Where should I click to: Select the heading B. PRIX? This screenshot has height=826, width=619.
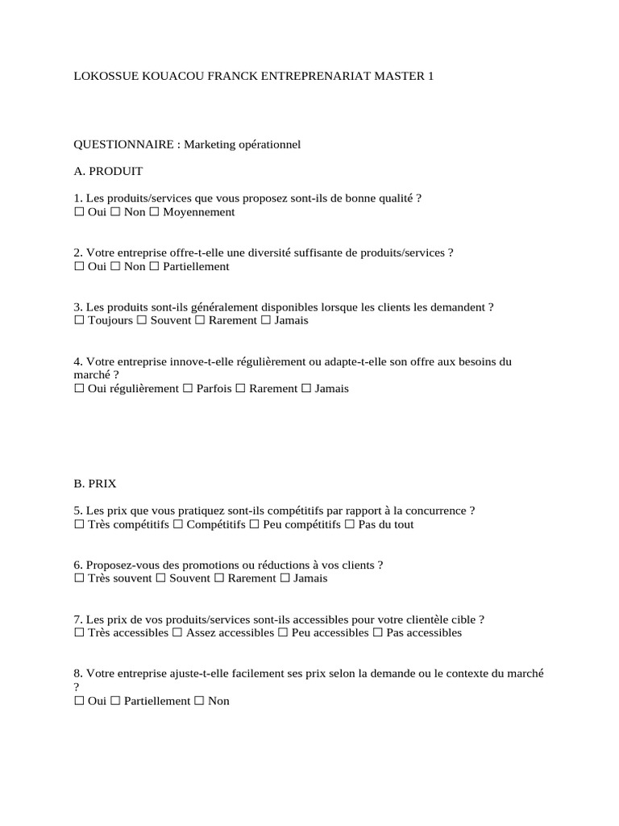click(x=95, y=484)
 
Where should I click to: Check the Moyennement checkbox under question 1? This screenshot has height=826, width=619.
click(x=156, y=212)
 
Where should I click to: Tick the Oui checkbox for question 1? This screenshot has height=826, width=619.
click(x=79, y=212)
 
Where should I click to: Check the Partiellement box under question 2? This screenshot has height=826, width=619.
click(x=156, y=267)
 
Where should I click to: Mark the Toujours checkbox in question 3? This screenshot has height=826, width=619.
click(x=79, y=321)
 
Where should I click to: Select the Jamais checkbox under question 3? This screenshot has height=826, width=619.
click(x=266, y=321)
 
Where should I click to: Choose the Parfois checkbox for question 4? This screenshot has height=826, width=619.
click(x=188, y=389)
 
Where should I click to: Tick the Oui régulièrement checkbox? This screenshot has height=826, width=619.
click(x=79, y=389)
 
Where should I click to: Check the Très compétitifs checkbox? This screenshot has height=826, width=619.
click(x=79, y=525)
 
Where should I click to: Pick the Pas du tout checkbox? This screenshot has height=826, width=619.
click(x=350, y=525)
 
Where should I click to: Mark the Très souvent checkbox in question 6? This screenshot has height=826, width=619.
click(x=79, y=579)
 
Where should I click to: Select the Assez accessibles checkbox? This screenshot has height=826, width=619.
click(x=177, y=633)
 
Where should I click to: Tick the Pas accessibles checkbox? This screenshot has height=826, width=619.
click(x=378, y=633)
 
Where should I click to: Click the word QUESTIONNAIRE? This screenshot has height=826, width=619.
click(x=123, y=144)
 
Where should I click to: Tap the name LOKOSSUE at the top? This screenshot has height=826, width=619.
click(x=102, y=76)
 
